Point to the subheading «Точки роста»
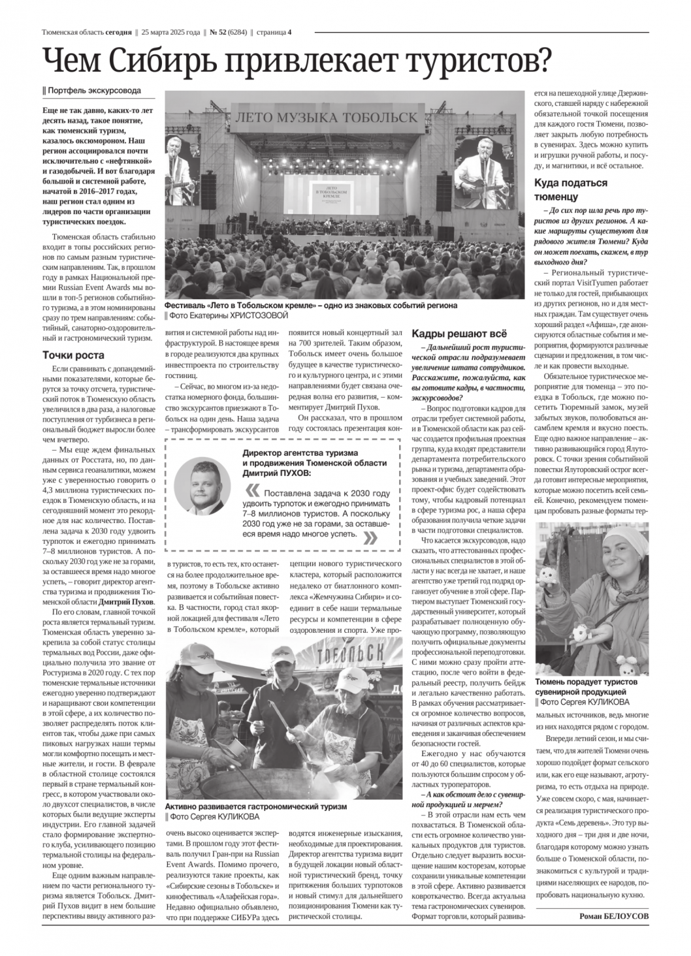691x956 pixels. click(73, 355)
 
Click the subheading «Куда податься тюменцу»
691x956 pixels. click(571, 189)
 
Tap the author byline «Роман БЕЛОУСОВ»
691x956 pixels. click(614, 916)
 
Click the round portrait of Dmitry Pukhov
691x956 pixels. click(202, 485)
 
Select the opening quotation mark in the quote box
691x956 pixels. click(251, 491)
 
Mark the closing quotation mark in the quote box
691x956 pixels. click(369, 537)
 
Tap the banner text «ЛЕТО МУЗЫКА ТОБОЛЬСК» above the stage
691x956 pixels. click(327, 118)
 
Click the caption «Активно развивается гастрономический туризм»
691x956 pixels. click(255, 806)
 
